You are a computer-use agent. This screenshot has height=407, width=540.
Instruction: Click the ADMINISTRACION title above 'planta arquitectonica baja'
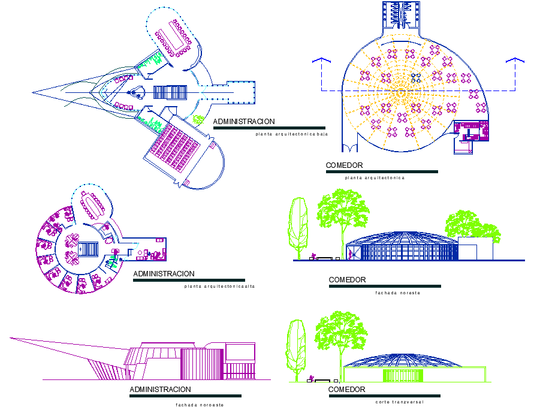(244, 122)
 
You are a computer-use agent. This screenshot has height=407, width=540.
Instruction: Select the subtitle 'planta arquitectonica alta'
(220, 287)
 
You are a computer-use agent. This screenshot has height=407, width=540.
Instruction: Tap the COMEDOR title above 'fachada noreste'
(347, 280)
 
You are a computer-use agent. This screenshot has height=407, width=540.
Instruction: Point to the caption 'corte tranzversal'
(399, 402)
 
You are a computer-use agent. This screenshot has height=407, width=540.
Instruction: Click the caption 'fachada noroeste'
(200, 405)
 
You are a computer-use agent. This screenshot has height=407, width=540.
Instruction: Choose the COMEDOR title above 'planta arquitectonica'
(344, 165)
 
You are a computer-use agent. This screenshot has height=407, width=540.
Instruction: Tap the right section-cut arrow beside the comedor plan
(515, 62)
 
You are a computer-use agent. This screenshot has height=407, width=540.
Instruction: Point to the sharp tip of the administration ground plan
(34, 92)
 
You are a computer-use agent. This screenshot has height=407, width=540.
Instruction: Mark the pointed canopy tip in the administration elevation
(11, 338)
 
